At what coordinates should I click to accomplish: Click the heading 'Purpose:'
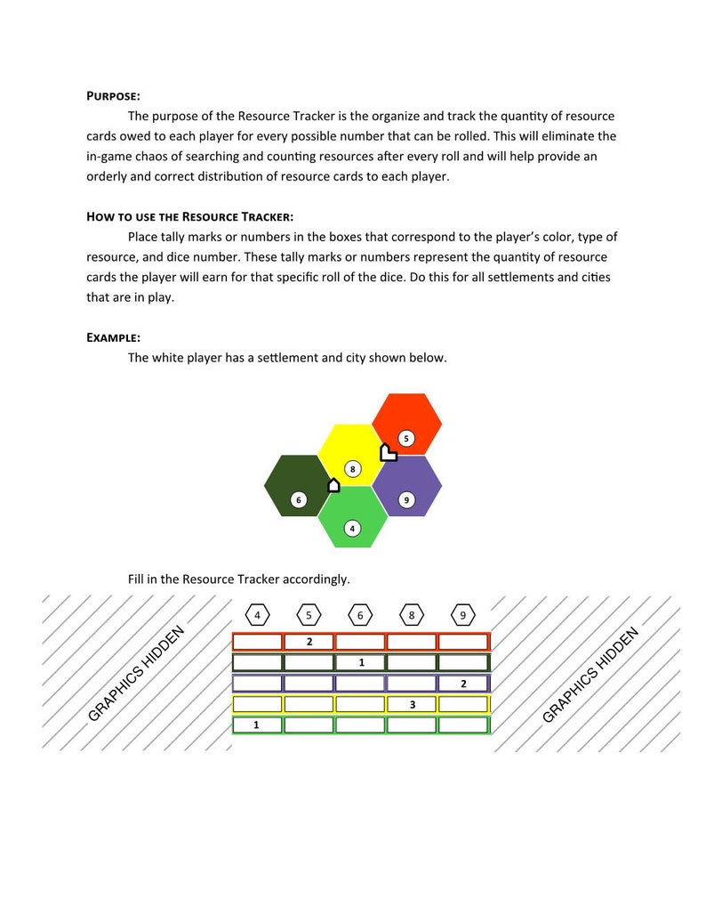113,95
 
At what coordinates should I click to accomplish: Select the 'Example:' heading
113,337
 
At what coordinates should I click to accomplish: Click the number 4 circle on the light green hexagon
352,529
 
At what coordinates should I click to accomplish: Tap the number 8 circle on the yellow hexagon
352,469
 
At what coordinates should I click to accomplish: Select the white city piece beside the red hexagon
388,453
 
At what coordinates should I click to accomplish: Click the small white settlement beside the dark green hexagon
333,485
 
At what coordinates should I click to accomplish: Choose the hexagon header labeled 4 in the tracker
257,615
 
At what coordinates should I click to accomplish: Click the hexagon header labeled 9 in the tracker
463,615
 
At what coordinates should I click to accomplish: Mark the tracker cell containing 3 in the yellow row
412,704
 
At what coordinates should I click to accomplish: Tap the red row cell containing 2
309,642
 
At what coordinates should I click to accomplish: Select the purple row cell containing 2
463,684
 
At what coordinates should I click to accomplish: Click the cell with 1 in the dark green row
360,663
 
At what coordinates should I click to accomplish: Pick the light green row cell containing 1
257,725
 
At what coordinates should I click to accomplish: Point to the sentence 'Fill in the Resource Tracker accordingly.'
238,579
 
